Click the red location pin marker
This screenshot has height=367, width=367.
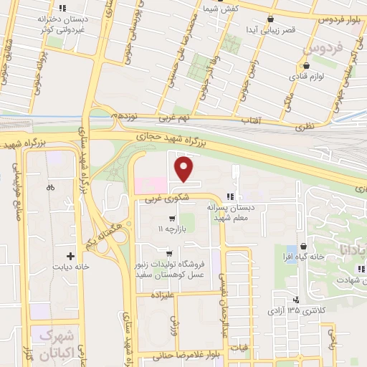click(185, 169)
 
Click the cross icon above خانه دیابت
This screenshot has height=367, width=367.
click(70, 255)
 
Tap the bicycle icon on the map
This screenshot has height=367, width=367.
click(50, 188)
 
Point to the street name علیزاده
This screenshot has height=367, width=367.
click(164, 294)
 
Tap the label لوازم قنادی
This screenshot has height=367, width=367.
click(309, 75)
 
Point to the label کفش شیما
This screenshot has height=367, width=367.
click(217, 9)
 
